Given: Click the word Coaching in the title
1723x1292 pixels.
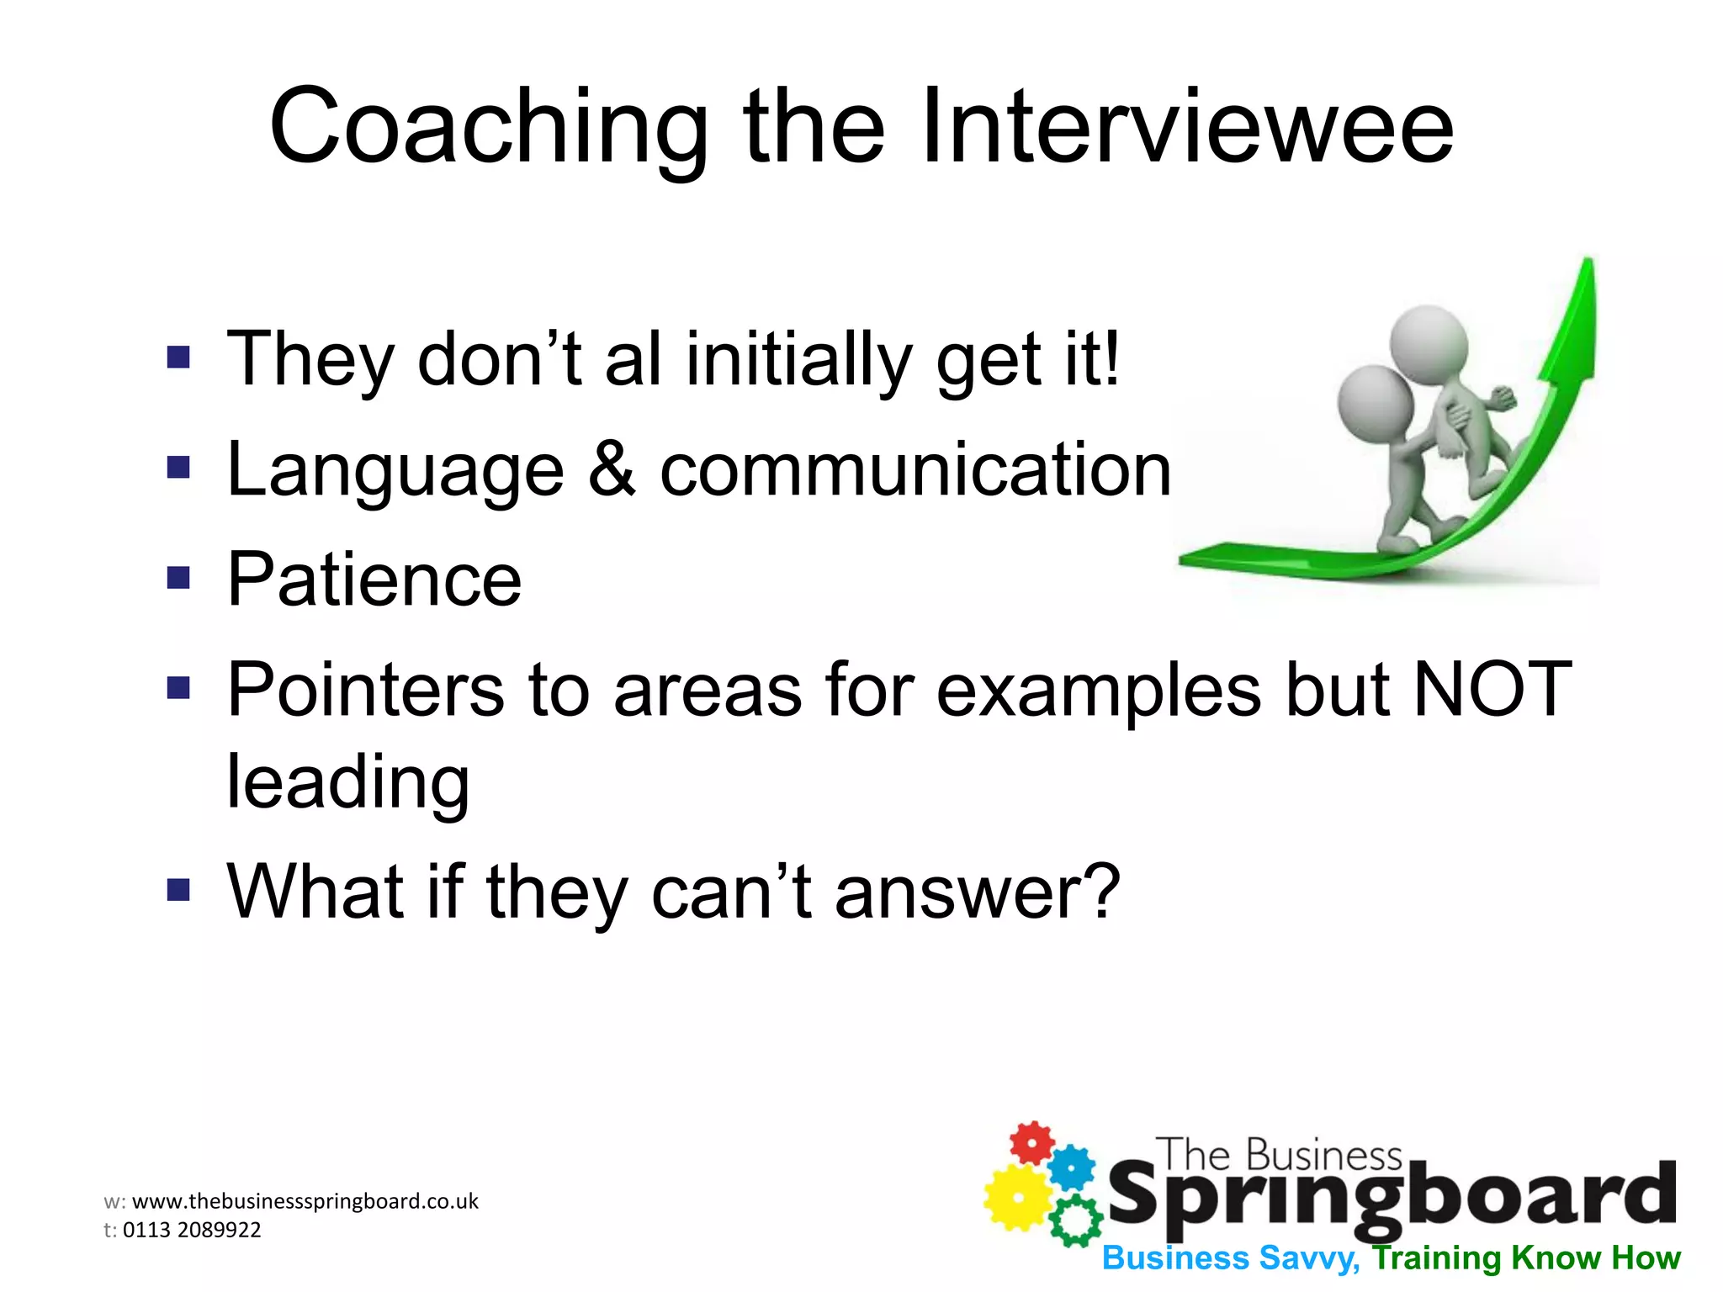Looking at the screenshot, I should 488,128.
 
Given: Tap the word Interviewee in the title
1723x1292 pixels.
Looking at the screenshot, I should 1186,128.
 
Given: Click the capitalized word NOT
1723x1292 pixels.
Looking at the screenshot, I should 1492,690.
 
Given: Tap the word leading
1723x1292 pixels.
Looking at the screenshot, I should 347,782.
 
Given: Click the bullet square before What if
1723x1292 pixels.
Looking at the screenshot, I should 178,890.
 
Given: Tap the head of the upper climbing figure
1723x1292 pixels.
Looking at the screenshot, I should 1428,345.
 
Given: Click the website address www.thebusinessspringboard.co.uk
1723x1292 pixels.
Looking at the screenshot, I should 305,1201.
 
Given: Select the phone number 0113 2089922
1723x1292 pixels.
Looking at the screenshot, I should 192,1230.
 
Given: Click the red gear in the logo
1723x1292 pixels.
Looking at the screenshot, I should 1031,1143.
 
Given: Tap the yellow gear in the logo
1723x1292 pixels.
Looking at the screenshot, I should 1016,1196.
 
